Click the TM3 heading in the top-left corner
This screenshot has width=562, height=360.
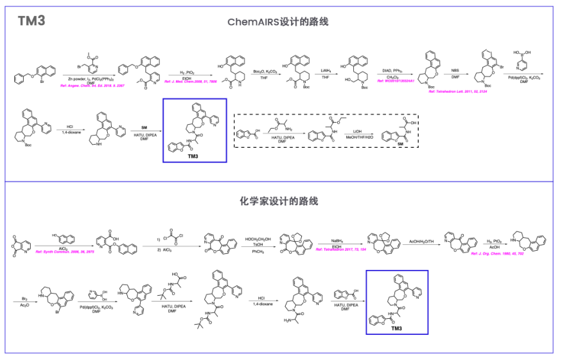pos(31,21)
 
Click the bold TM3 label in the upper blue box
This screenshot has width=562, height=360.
pos(194,156)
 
